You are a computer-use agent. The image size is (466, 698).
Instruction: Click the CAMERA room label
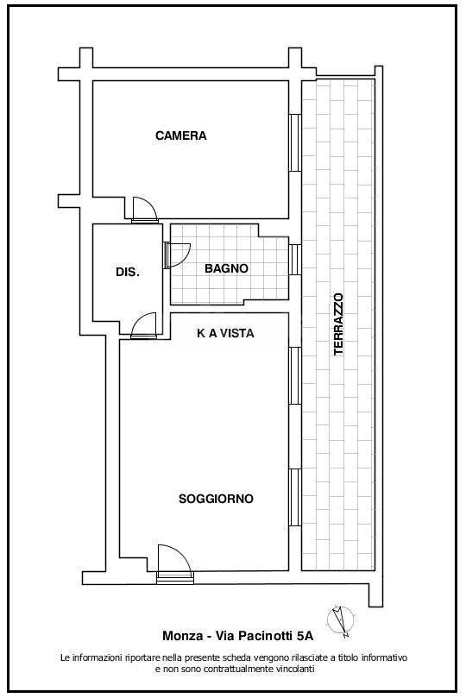coord(180,135)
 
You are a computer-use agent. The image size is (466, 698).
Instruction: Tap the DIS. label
coord(128,272)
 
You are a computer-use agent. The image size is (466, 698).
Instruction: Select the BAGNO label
coord(226,268)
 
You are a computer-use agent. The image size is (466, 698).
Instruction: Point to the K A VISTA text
coord(225,333)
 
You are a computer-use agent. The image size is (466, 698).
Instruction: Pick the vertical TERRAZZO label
coord(338,324)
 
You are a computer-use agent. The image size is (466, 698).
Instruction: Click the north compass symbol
coord(340,619)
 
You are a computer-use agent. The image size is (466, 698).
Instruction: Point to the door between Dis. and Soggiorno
coord(144,325)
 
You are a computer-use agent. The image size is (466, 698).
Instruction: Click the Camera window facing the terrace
coord(294,141)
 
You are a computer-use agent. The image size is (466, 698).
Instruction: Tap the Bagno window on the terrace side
coord(294,259)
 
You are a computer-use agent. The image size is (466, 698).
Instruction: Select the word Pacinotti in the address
coord(265,636)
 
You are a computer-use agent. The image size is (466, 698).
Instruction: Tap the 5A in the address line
coord(305,636)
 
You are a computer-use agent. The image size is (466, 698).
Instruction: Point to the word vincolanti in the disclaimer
coord(291,669)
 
